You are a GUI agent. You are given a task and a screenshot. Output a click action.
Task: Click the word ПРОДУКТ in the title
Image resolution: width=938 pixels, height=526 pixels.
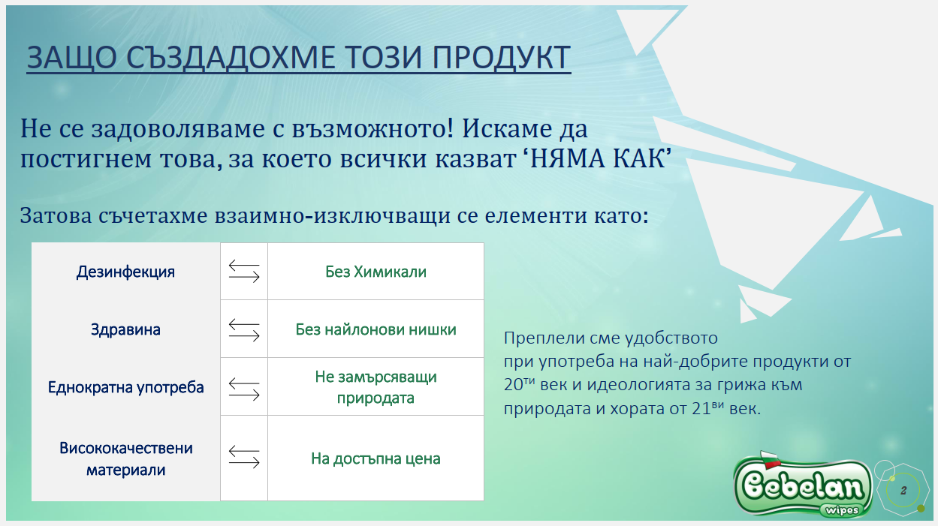tap(501, 57)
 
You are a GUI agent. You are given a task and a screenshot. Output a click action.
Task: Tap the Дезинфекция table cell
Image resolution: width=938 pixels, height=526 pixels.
tap(125, 272)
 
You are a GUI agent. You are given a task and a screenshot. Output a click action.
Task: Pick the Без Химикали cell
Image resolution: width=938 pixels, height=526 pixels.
tap(376, 272)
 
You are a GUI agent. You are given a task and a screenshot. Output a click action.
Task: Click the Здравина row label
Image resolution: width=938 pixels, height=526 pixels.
tap(125, 329)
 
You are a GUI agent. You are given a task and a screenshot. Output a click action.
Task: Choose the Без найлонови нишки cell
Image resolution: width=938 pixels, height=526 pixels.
tap(376, 329)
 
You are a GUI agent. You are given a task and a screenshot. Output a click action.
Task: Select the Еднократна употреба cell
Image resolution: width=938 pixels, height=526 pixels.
tap(125, 387)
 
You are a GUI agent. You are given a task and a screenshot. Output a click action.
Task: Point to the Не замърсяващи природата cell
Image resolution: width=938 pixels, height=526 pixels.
tap(376, 387)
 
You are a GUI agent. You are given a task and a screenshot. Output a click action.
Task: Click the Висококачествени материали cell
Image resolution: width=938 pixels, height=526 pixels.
tap(125, 458)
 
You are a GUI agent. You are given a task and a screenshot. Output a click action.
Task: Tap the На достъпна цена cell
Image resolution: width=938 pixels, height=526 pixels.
tap(376, 458)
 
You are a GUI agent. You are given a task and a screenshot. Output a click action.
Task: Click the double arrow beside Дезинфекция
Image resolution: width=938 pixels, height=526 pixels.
tap(244, 271)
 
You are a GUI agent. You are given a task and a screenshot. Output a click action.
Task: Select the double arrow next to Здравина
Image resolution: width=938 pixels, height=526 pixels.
tap(244, 329)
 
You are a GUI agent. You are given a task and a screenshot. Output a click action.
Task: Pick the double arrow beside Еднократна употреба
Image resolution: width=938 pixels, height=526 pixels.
tap(244, 389)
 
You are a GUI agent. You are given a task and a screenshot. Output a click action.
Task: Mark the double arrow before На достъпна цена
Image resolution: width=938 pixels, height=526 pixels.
tap(244, 456)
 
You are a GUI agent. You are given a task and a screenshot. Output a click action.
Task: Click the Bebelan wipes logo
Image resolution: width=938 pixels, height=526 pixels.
tap(803, 485)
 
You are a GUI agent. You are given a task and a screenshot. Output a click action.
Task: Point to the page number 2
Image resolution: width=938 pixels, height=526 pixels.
tap(903, 491)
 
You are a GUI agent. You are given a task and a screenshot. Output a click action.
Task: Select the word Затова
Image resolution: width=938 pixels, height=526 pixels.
tap(56, 215)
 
